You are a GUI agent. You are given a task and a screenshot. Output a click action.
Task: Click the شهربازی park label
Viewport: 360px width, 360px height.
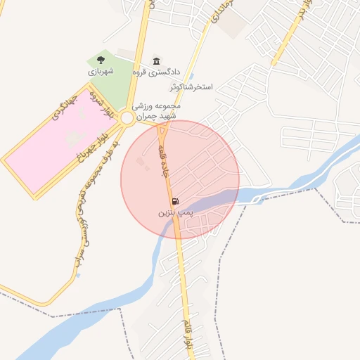pyautogui.click(x=101, y=71)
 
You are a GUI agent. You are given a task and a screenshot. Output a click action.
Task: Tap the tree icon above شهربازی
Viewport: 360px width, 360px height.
pyautogui.click(x=101, y=60)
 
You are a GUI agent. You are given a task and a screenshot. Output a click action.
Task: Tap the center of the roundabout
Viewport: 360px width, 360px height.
pyautogui.click(x=127, y=118)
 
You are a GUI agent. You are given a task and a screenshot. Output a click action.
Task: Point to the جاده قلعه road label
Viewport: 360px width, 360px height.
pyautogui.click(x=166, y=161)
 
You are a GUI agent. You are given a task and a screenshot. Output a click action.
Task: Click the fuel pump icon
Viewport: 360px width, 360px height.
pyautogui.click(x=174, y=201)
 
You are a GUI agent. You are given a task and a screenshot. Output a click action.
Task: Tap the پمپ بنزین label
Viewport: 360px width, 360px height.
pyautogui.click(x=174, y=211)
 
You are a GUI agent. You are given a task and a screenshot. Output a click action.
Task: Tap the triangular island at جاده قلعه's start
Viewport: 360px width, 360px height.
pyautogui.click(x=163, y=130)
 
